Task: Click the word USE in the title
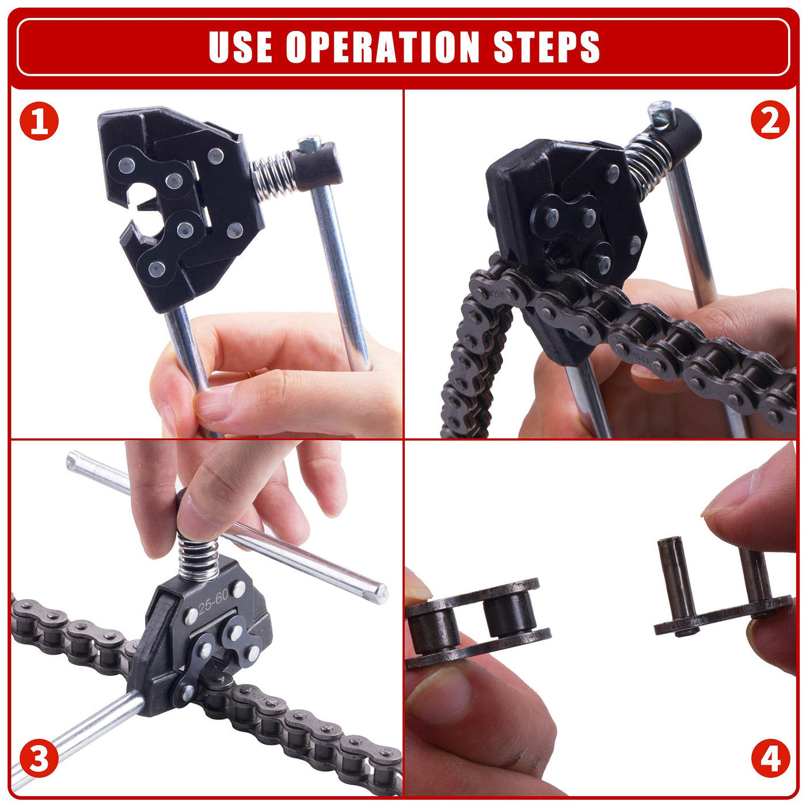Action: pos(240,47)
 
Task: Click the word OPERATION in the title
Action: pos(382,47)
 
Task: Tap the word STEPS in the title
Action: pos(547,47)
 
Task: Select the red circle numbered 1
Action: pos(39,121)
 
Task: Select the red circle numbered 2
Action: pos(770,120)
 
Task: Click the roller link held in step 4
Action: pos(477,622)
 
